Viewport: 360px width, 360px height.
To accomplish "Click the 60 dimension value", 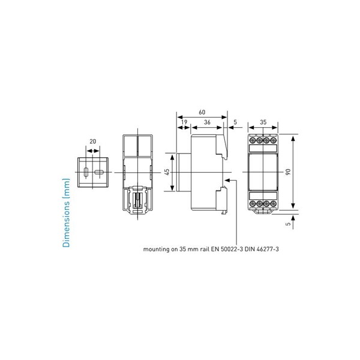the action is (202, 112).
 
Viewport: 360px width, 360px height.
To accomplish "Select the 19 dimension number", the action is (184, 122).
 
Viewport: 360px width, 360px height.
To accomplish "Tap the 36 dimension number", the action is (207, 122).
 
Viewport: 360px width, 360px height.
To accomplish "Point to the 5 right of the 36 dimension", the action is (235, 122).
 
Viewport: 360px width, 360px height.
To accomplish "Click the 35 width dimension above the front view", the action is (263, 122).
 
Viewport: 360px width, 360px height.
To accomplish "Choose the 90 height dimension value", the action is (288, 172).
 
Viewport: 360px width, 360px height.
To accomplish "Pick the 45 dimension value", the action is (167, 172).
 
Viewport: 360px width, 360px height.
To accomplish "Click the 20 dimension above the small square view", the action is (93, 142).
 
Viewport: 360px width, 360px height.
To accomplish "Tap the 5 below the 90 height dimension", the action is (289, 223).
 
